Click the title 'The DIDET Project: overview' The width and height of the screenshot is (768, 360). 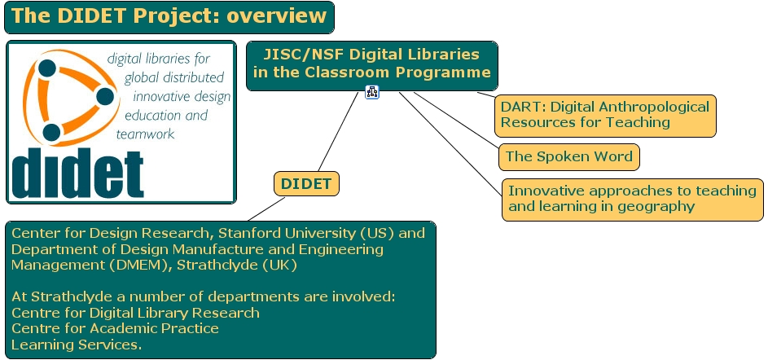(169, 17)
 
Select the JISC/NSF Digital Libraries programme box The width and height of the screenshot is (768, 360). (371, 64)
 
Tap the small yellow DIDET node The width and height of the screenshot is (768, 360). (306, 184)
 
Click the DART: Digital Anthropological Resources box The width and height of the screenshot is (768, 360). (606, 115)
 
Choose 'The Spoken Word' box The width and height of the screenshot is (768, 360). (568, 156)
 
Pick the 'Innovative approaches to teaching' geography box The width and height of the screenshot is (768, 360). (632, 199)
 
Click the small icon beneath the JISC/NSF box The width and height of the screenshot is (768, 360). (372, 92)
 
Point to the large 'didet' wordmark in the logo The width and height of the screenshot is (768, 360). (78, 172)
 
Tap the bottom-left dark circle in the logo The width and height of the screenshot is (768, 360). (51, 132)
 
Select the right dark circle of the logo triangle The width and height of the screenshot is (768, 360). (104, 97)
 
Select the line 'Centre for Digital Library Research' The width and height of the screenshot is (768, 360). (135, 313)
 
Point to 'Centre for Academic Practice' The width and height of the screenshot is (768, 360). (115, 328)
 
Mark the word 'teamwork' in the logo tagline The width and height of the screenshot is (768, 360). (146, 134)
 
